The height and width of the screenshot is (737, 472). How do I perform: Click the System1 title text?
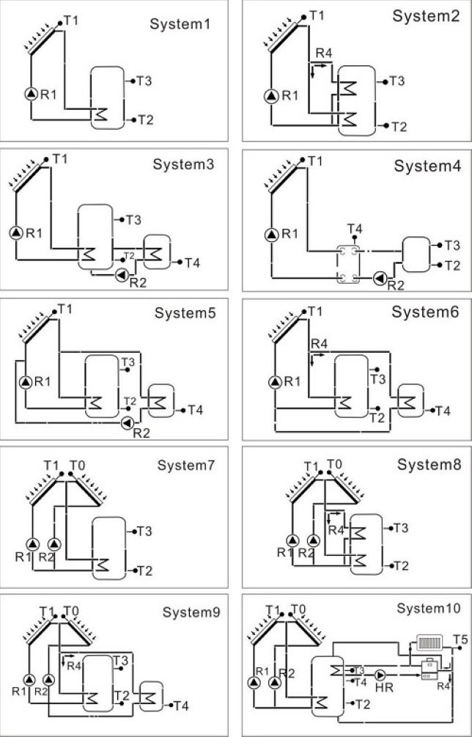[180, 24]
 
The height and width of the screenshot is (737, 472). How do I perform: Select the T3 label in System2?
[397, 81]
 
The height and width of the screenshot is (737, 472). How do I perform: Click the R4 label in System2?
[323, 54]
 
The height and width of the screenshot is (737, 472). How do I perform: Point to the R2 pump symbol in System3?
[121, 275]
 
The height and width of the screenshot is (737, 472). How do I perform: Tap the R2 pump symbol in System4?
[380, 277]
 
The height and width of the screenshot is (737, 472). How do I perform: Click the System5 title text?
[185, 314]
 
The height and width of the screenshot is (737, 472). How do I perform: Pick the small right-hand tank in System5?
[161, 400]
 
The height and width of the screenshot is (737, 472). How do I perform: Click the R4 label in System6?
[320, 343]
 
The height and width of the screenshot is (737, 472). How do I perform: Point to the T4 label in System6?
[443, 410]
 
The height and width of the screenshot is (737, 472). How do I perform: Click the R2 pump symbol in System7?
[54, 543]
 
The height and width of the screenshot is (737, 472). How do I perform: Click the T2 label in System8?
[400, 565]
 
